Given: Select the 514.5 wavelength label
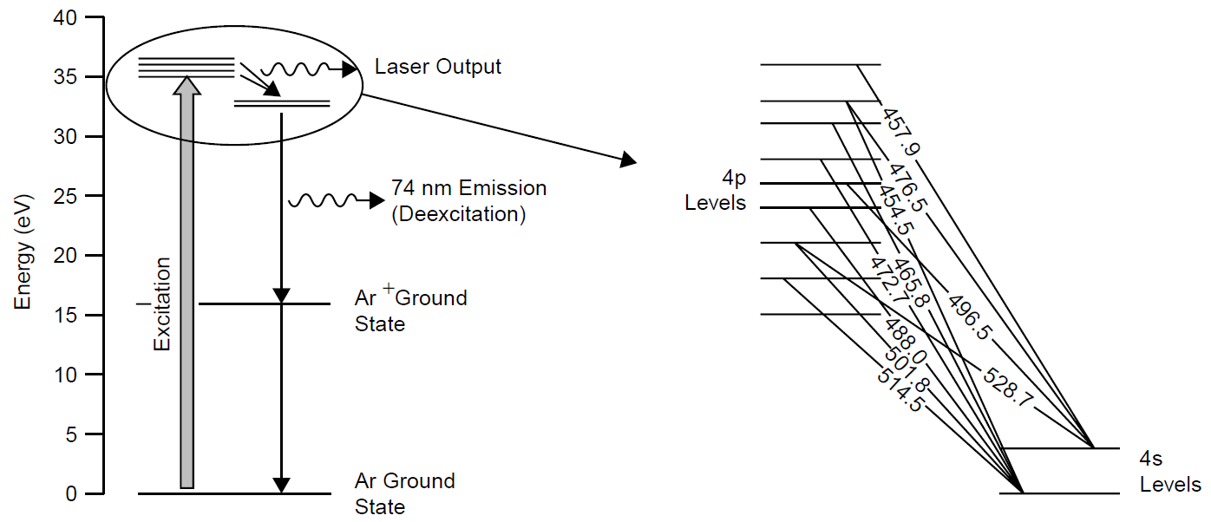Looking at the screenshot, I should (900, 391).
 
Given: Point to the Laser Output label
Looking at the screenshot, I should (437, 67).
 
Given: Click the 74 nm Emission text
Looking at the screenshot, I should (468, 188).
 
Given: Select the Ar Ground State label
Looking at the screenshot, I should (404, 493).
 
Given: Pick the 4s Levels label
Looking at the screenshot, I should (1170, 471).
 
